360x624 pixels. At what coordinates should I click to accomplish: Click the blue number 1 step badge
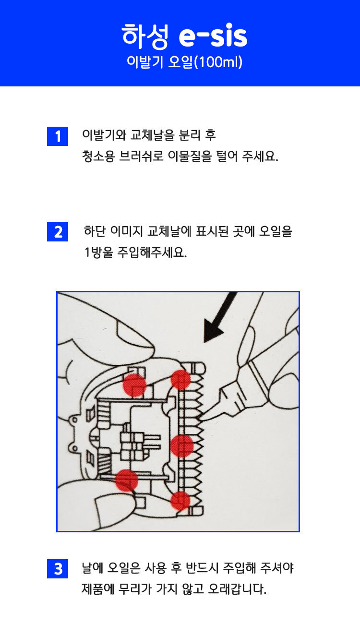[58, 136]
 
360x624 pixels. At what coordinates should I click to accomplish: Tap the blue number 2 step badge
[58, 232]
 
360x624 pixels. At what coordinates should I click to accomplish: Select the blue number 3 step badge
[58, 569]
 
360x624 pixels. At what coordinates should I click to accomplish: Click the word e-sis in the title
[213, 36]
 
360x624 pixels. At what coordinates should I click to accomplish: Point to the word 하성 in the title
[145, 36]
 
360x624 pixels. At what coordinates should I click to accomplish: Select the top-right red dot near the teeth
[180, 379]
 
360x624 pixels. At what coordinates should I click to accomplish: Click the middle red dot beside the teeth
[181, 446]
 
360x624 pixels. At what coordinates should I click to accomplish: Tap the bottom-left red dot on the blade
[127, 480]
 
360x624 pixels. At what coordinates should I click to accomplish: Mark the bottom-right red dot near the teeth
[180, 501]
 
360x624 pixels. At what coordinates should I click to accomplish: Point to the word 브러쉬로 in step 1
[141, 156]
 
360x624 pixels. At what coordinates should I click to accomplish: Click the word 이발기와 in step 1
[104, 135]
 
